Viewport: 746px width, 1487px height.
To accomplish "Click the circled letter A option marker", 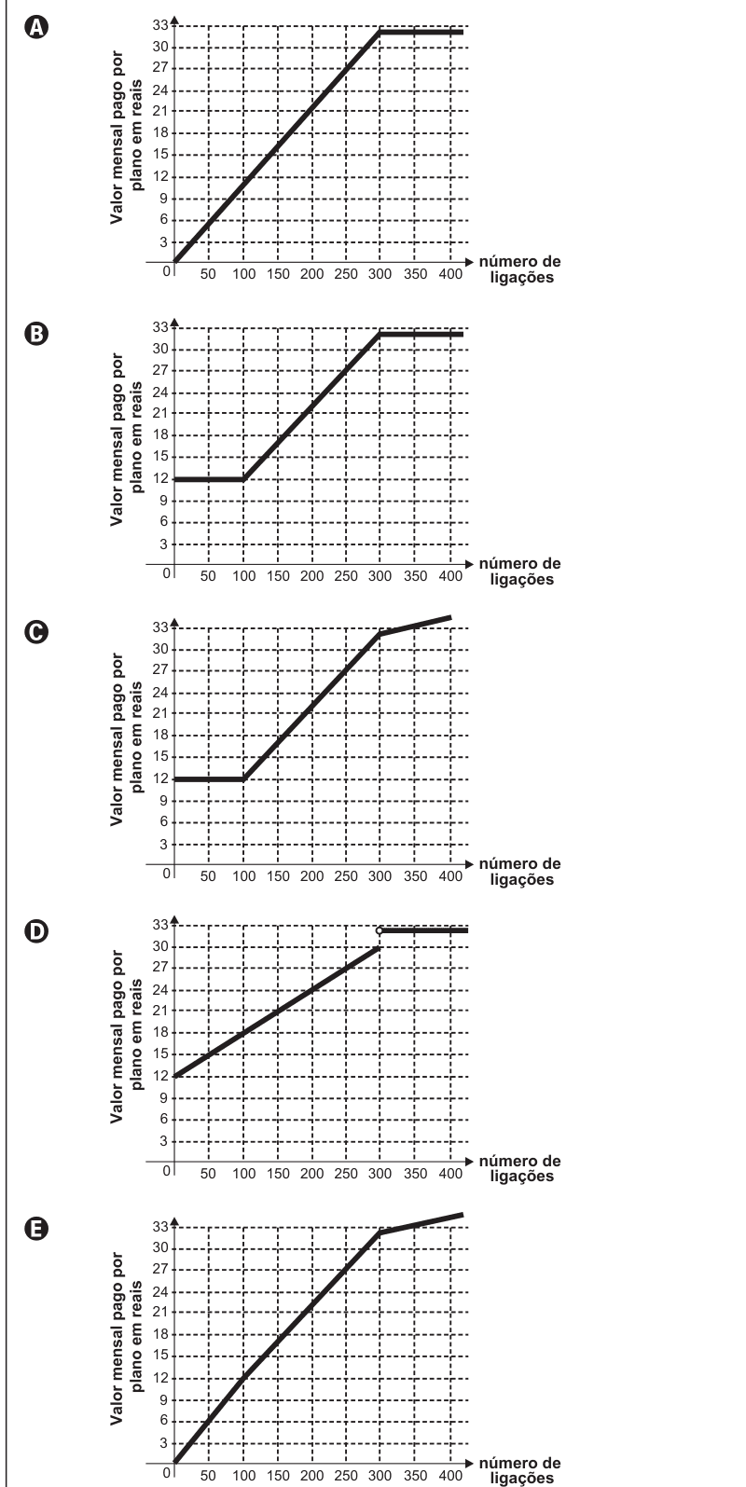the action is point(35,28).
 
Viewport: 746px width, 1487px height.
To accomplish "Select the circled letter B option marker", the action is point(35,333).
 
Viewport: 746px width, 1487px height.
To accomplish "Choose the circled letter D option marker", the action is point(35,931).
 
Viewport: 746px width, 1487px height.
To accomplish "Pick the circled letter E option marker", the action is point(35,1230).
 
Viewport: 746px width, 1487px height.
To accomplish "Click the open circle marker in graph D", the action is point(379,930).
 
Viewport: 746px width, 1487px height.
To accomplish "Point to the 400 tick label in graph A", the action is point(450,274).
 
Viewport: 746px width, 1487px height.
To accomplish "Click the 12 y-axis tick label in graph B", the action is point(160,478).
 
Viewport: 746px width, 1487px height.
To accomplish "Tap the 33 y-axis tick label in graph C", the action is point(160,626).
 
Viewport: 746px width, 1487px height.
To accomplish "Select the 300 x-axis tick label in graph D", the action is point(380,1173).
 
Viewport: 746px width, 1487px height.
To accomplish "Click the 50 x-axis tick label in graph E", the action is point(208,1475).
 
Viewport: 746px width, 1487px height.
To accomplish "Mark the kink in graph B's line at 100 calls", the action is point(242,478).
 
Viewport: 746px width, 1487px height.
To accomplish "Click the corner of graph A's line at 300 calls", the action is point(380,31).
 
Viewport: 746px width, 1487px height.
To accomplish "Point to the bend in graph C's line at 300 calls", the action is point(380,634).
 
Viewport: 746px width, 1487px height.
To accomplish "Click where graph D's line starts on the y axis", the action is point(174,1076).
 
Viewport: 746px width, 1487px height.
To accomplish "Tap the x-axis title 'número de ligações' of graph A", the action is point(520,268).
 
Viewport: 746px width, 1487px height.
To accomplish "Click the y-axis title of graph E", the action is point(126,1339).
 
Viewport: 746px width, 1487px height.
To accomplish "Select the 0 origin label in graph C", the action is point(167,874).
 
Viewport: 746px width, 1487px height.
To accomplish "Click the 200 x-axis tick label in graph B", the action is point(311,576).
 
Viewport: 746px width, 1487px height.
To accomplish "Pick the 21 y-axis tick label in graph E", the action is point(160,1311).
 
